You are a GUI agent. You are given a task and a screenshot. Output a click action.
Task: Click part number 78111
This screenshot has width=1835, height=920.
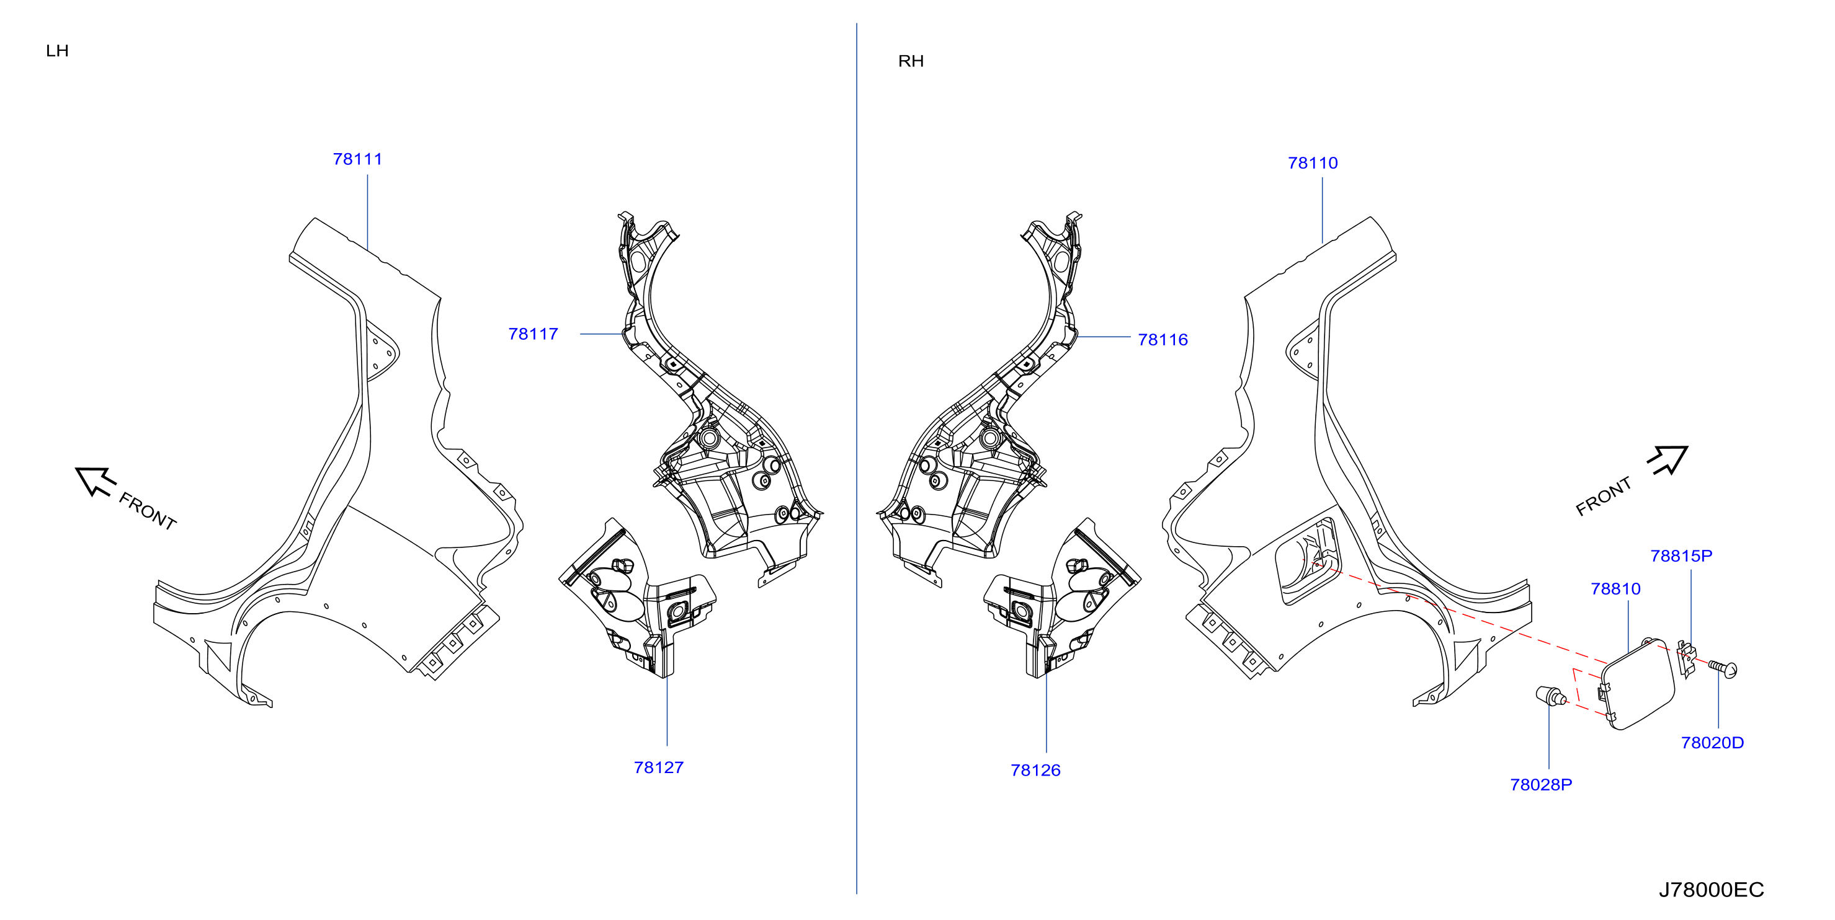pos(357,159)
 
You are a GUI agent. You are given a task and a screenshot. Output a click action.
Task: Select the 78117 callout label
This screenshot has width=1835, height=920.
pos(533,334)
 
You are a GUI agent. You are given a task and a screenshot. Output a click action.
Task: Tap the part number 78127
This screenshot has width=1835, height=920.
pos(659,767)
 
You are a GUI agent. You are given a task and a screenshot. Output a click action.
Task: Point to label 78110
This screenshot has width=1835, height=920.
pos(1313,163)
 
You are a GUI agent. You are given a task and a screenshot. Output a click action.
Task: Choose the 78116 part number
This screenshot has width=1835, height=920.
pos(1163,340)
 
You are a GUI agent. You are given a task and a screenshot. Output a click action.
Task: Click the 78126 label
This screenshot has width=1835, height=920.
pos(1035,771)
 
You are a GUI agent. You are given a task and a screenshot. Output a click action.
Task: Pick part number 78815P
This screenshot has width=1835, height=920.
pos(1681,555)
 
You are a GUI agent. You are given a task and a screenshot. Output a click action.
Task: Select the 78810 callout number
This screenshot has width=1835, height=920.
pos(1615,589)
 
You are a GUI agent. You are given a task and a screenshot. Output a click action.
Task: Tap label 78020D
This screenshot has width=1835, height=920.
pos(1712,743)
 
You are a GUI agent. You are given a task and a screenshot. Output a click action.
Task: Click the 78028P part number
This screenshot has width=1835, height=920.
pos(1541,785)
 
